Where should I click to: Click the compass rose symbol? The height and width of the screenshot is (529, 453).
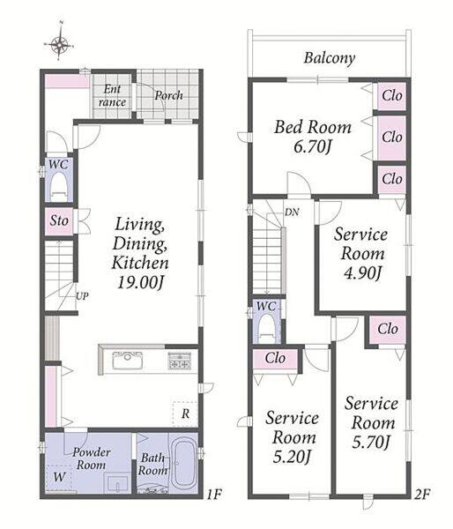(x=59, y=43)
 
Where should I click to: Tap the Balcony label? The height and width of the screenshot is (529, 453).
(x=330, y=58)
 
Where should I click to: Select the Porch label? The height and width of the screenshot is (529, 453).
(x=168, y=95)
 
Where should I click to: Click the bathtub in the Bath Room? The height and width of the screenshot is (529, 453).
(x=182, y=463)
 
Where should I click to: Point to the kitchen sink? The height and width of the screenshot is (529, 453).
(x=127, y=360)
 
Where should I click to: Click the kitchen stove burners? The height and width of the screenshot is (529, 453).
(x=180, y=361)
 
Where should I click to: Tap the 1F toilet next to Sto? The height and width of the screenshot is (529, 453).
(x=58, y=185)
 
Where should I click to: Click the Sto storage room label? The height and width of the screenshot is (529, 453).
(x=59, y=221)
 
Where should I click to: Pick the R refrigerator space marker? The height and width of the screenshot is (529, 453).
(x=185, y=414)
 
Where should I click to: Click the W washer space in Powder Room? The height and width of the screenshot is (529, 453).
(x=59, y=477)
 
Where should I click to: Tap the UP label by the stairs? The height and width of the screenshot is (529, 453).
(x=82, y=296)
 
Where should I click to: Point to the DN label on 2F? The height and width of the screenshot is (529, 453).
(x=292, y=212)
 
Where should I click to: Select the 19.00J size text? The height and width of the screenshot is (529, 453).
(x=140, y=282)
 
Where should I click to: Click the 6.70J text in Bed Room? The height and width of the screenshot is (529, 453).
(x=313, y=146)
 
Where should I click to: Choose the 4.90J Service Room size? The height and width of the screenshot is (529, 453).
(x=362, y=272)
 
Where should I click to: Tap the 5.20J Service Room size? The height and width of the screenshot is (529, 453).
(x=292, y=457)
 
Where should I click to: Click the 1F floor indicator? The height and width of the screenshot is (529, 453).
(x=214, y=495)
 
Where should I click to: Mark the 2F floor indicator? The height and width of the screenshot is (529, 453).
(x=422, y=495)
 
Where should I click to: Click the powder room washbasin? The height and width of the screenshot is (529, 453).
(x=117, y=483)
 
